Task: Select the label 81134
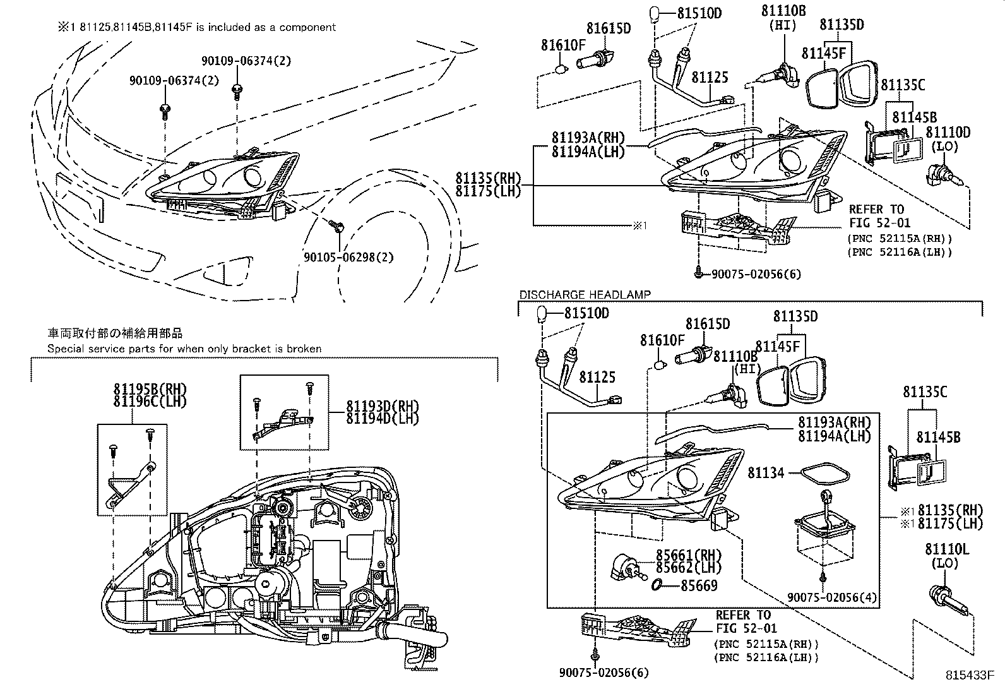766,472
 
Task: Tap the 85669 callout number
699,585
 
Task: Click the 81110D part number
948,132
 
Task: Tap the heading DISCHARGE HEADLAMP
585,294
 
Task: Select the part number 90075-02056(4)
833,597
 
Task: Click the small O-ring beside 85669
657,585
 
